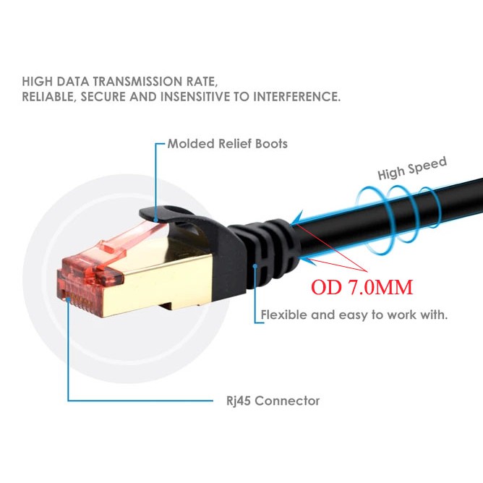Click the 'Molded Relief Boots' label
[x=227, y=144]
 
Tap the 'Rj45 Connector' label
[x=268, y=401]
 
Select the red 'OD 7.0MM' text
[x=362, y=288]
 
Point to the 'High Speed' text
[x=412, y=168]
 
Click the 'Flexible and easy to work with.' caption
[x=354, y=315]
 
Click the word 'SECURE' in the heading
[x=107, y=96]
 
